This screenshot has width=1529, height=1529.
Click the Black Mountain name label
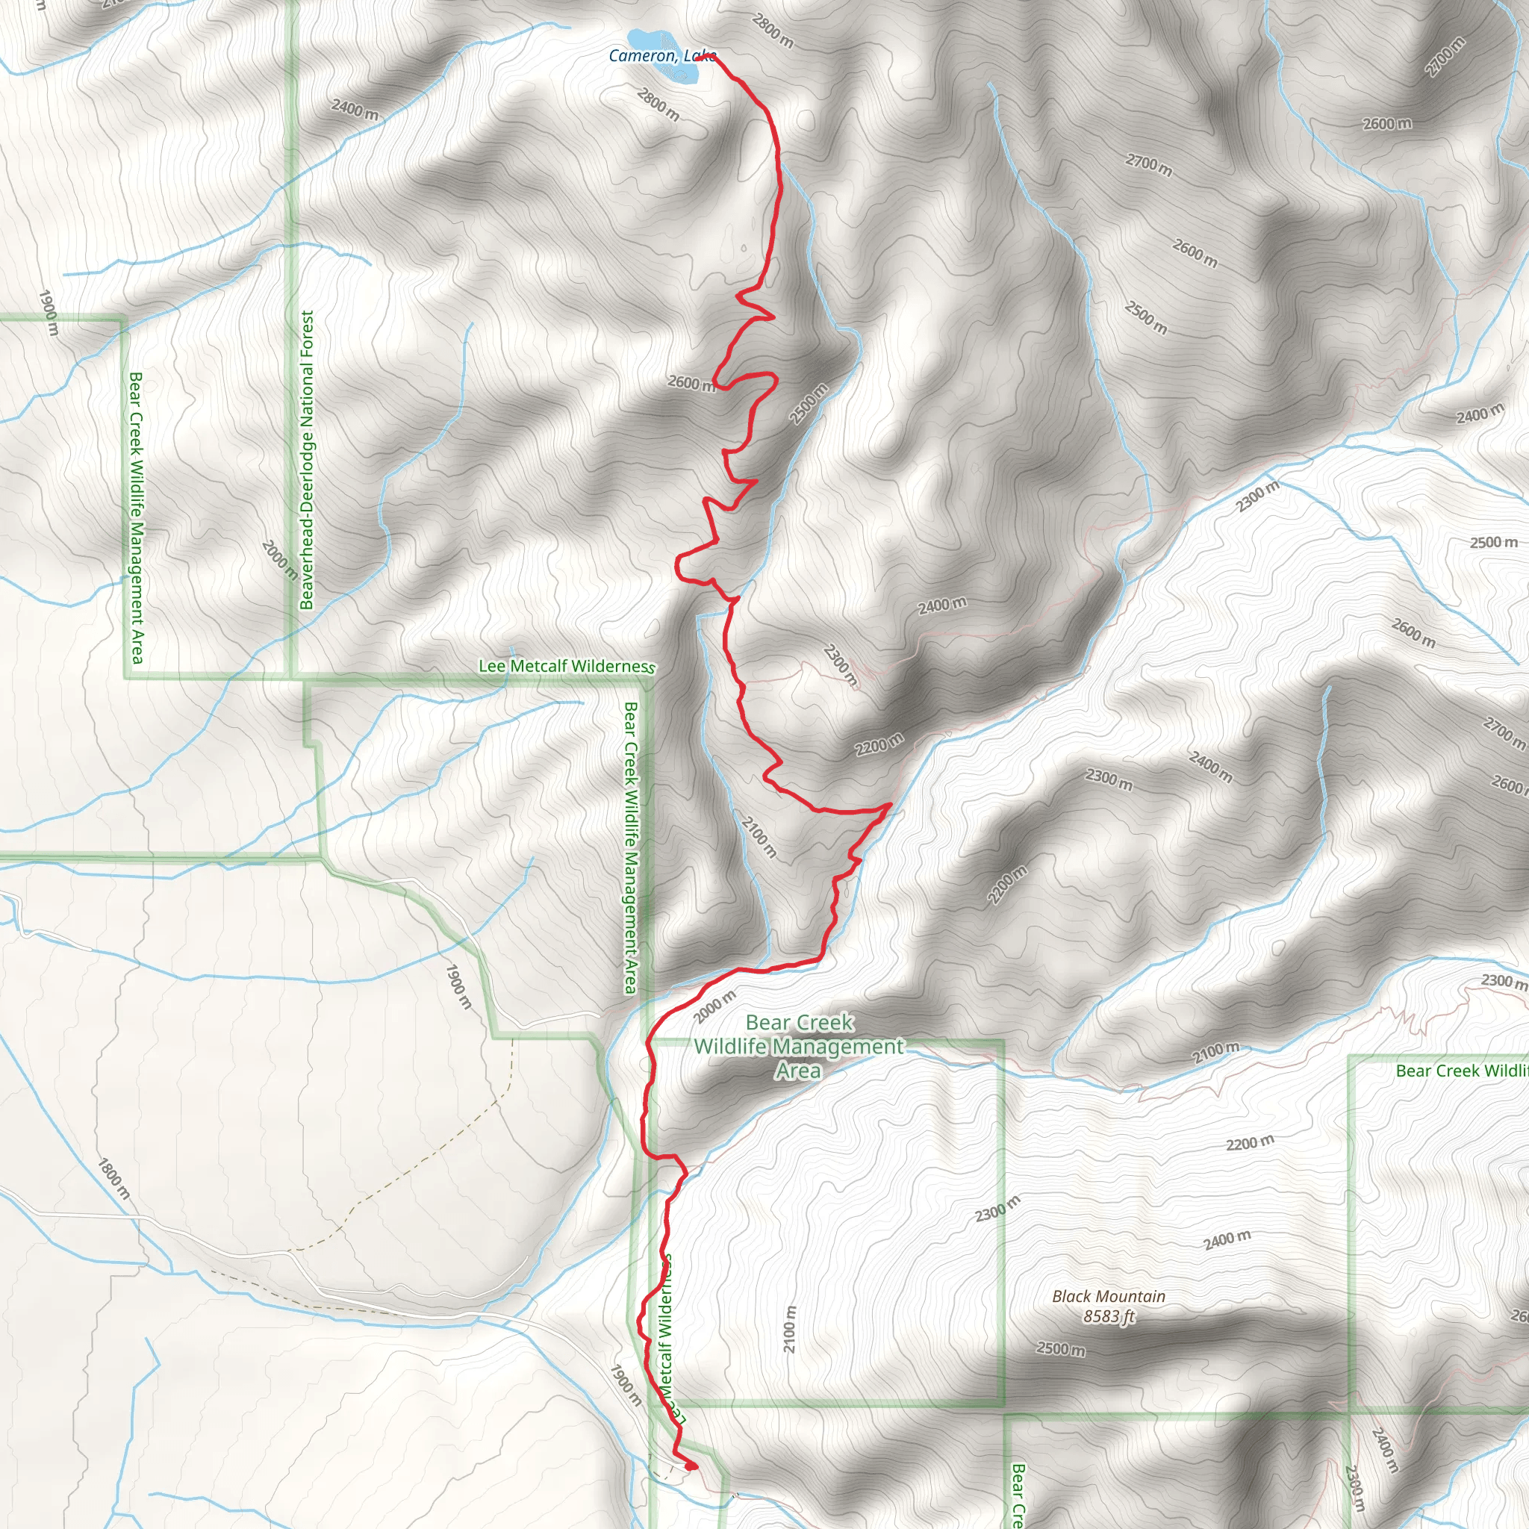pos(1108,1296)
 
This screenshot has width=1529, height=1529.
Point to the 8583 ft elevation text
pos(1108,1316)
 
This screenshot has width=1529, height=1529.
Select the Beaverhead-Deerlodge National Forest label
pos(307,459)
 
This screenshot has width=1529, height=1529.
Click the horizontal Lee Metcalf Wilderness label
pos(567,667)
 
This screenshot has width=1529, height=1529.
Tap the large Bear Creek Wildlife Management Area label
pos(798,1046)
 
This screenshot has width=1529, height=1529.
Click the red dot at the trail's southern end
pos(691,1466)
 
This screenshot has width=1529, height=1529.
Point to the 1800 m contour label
pos(113,1177)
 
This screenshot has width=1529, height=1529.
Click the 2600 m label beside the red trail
pos(691,383)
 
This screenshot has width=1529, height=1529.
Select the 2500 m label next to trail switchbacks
pos(809,404)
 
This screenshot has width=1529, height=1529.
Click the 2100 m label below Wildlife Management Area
pos(789,1329)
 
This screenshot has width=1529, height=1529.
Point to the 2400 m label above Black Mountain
pos(1227,1239)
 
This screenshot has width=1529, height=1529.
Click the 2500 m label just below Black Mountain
pos(1060,1348)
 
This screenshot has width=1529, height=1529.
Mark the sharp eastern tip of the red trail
pos(892,804)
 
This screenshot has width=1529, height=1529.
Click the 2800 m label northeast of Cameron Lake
pos(773,30)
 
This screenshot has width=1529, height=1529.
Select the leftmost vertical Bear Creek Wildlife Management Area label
pos(136,518)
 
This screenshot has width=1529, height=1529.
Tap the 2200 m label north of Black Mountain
pos(1251,1144)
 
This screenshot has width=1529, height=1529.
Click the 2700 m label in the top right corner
pos(1445,57)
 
